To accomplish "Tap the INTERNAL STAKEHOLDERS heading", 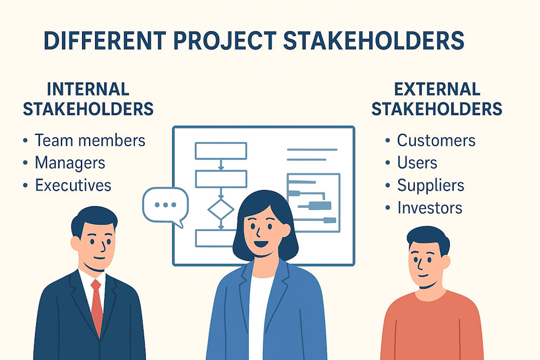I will (88, 99).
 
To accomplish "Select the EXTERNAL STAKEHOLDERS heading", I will (437, 99).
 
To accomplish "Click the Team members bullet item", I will (90, 140).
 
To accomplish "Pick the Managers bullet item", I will (70, 162).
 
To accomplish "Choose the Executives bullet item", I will (73, 185).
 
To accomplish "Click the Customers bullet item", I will (436, 140).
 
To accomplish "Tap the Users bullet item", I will (417, 162).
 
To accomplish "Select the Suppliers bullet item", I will (430, 185).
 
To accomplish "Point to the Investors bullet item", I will (429, 208).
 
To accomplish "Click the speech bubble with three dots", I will (165, 205).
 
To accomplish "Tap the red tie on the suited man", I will (97, 305).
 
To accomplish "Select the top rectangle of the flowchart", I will (220, 151).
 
